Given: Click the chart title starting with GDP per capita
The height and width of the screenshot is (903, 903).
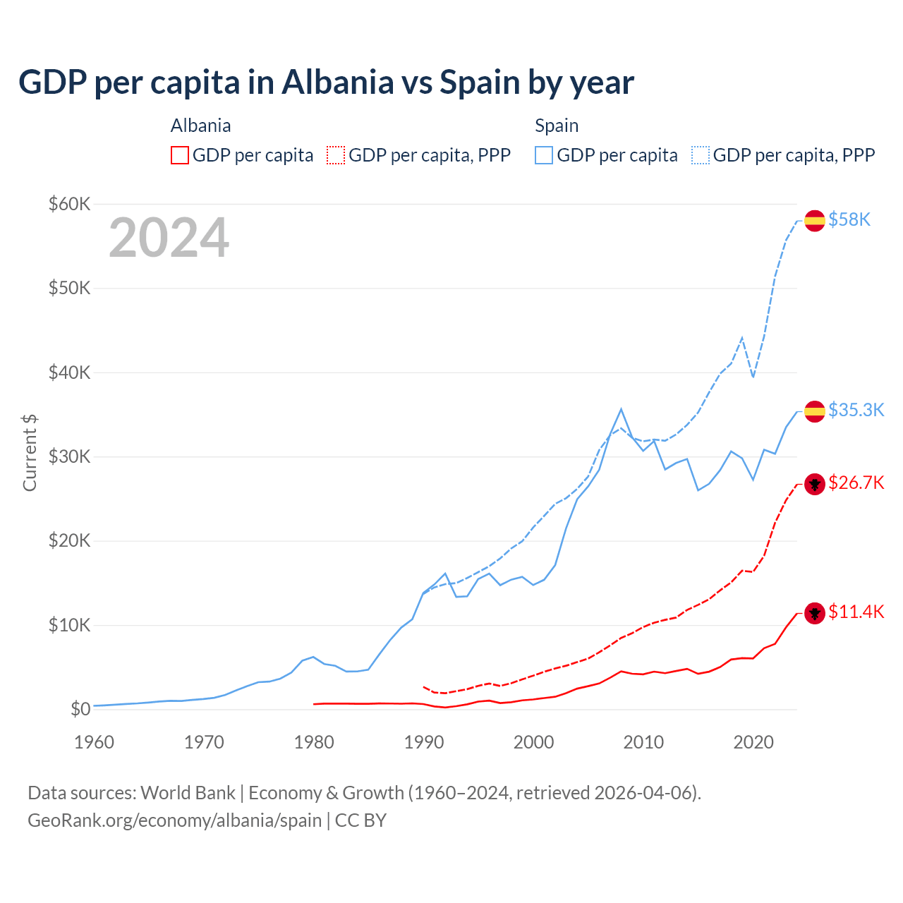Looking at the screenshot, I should pyautogui.click(x=326, y=83).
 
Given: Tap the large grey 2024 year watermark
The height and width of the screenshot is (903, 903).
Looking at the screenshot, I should pyautogui.click(x=169, y=238).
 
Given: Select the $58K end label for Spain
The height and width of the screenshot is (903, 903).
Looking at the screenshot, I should pyautogui.click(x=849, y=220).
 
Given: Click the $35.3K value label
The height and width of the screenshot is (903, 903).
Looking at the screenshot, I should pyautogui.click(x=856, y=411).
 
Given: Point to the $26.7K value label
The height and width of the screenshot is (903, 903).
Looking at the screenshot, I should pyautogui.click(x=856, y=483).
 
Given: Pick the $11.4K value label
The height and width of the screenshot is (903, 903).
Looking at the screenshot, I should pyautogui.click(x=856, y=612).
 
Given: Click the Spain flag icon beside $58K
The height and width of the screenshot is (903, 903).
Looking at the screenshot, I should pyautogui.click(x=815, y=220).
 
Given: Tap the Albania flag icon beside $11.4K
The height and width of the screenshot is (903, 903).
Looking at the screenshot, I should pyautogui.click(x=815, y=613).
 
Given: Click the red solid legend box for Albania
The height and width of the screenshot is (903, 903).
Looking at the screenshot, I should pyautogui.click(x=180, y=155).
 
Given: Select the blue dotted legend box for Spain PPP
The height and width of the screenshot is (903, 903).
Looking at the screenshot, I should pyautogui.click(x=701, y=155).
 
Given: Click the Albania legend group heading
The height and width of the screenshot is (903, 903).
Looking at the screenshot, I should pyautogui.click(x=200, y=126).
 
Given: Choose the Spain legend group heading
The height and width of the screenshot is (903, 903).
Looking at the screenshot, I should pyautogui.click(x=557, y=126).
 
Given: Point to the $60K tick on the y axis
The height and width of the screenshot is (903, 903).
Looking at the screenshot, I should pyautogui.click(x=69, y=205).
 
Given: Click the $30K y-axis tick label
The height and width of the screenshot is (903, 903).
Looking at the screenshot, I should pyautogui.click(x=69, y=457).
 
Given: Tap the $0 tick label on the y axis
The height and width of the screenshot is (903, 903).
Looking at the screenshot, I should pyautogui.click(x=80, y=710).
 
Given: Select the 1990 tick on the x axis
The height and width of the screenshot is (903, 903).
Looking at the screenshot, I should pyautogui.click(x=424, y=742).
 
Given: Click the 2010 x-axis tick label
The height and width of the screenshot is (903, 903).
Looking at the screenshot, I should pyautogui.click(x=643, y=742).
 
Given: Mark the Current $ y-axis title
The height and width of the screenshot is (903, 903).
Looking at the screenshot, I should pyautogui.click(x=30, y=453).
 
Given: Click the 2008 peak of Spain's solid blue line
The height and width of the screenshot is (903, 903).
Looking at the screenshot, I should pyautogui.click(x=621, y=409).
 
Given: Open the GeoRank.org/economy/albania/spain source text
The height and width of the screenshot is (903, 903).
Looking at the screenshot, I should pyautogui.click(x=174, y=820).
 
